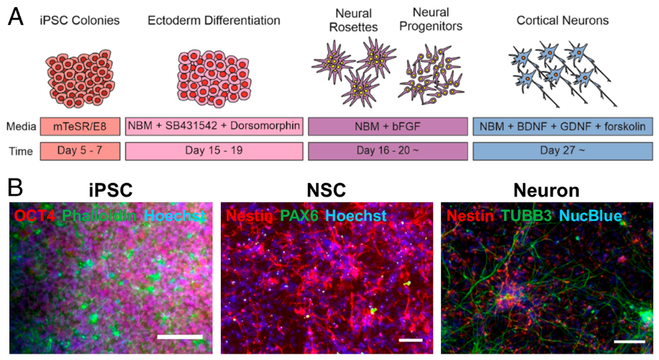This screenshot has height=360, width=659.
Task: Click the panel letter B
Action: [15, 189]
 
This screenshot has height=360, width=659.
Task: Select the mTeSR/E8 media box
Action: [79, 126]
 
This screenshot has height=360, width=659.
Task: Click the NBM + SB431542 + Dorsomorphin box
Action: [214, 126]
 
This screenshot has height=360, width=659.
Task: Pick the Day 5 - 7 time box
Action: [79, 151]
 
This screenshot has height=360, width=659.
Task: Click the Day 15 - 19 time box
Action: [214, 151]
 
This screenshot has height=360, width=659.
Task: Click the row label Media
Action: [20, 126]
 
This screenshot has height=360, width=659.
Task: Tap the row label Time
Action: [20, 151]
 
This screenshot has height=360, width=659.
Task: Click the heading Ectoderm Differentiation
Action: [214, 20]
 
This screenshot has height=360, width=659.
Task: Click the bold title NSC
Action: [326, 191]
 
